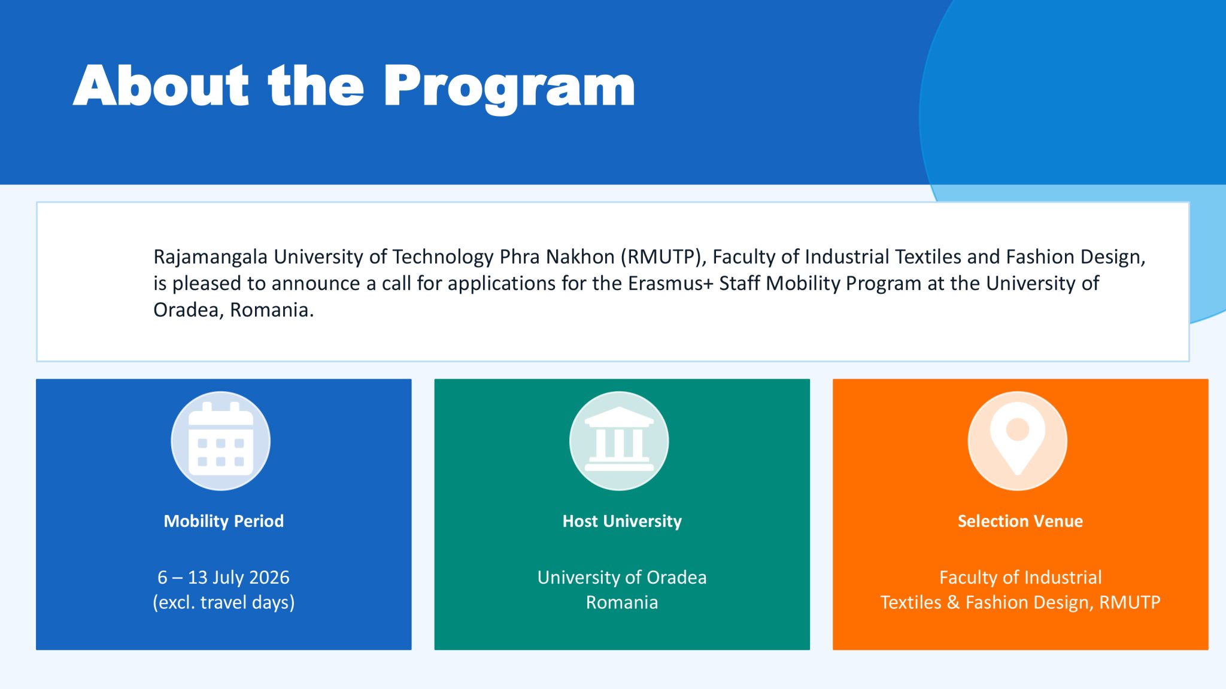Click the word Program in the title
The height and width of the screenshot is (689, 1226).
pos(509,89)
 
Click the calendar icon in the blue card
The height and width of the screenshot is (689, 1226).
pos(221,441)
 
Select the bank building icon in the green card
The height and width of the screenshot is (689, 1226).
pos(619,440)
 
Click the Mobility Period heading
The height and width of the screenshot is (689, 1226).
pos(224,521)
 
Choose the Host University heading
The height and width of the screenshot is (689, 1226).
pos(622,521)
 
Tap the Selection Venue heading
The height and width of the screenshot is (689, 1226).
pos(1020,521)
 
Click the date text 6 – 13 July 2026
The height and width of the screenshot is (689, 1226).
pos(223,577)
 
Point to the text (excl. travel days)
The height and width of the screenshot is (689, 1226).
pos(224,602)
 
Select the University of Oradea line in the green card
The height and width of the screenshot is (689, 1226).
pos(622,577)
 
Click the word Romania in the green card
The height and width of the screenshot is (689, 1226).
pos(622,602)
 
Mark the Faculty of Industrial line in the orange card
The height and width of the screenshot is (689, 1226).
pos(1020,577)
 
